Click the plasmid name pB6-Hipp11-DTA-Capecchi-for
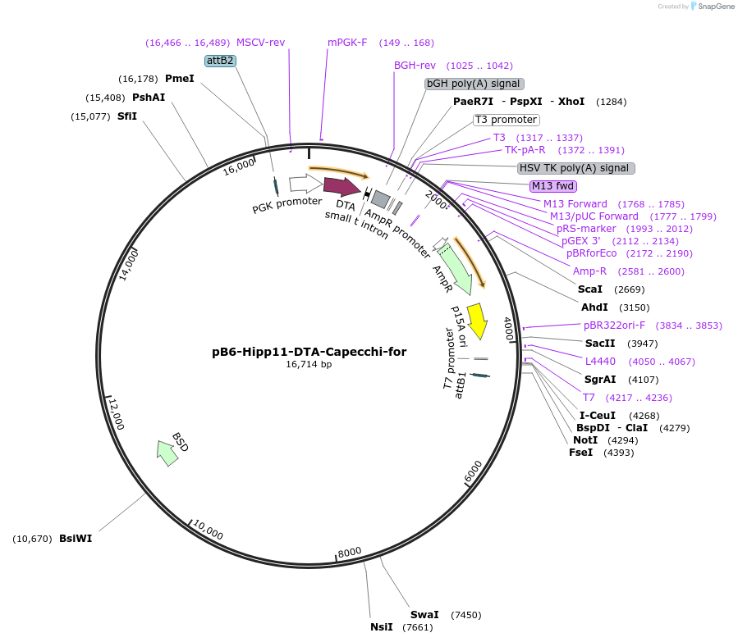[x=309, y=352]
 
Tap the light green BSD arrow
[x=167, y=452]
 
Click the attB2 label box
[x=220, y=61]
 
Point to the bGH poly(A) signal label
[x=474, y=84]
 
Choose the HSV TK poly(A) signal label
[x=575, y=168]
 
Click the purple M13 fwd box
[x=553, y=185]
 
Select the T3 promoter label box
[x=506, y=120]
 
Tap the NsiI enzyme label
[x=382, y=628]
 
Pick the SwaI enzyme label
[x=424, y=615]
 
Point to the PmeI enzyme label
[x=179, y=79]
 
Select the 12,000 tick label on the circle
[x=117, y=413]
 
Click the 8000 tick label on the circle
[x=350, y=552]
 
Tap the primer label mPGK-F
[x=347, y=43]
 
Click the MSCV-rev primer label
[x=260, y=43]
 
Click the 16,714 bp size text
[x=309, y=365]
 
